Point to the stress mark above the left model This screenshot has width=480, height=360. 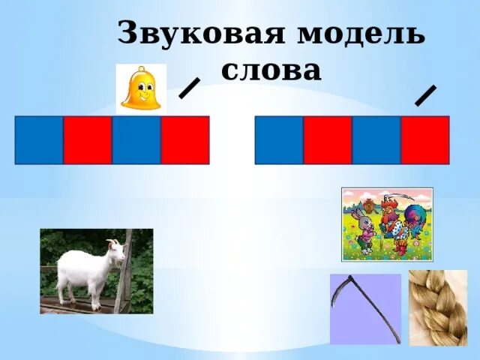[x=189, y=88]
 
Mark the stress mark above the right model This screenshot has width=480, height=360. [x=426, y=94]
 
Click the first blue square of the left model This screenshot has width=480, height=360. [x=39, y=139]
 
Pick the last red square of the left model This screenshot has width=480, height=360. [x=185, y=139]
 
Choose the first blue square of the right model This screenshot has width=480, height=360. [x=279, y=139]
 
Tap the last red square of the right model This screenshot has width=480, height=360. [x=425, y=139]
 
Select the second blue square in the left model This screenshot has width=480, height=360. [x=136, y=139]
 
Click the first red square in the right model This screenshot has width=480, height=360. [x=328, y=139]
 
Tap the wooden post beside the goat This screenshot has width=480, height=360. [x=124, y=277]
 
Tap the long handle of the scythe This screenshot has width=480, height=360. [x=375, y=315]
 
